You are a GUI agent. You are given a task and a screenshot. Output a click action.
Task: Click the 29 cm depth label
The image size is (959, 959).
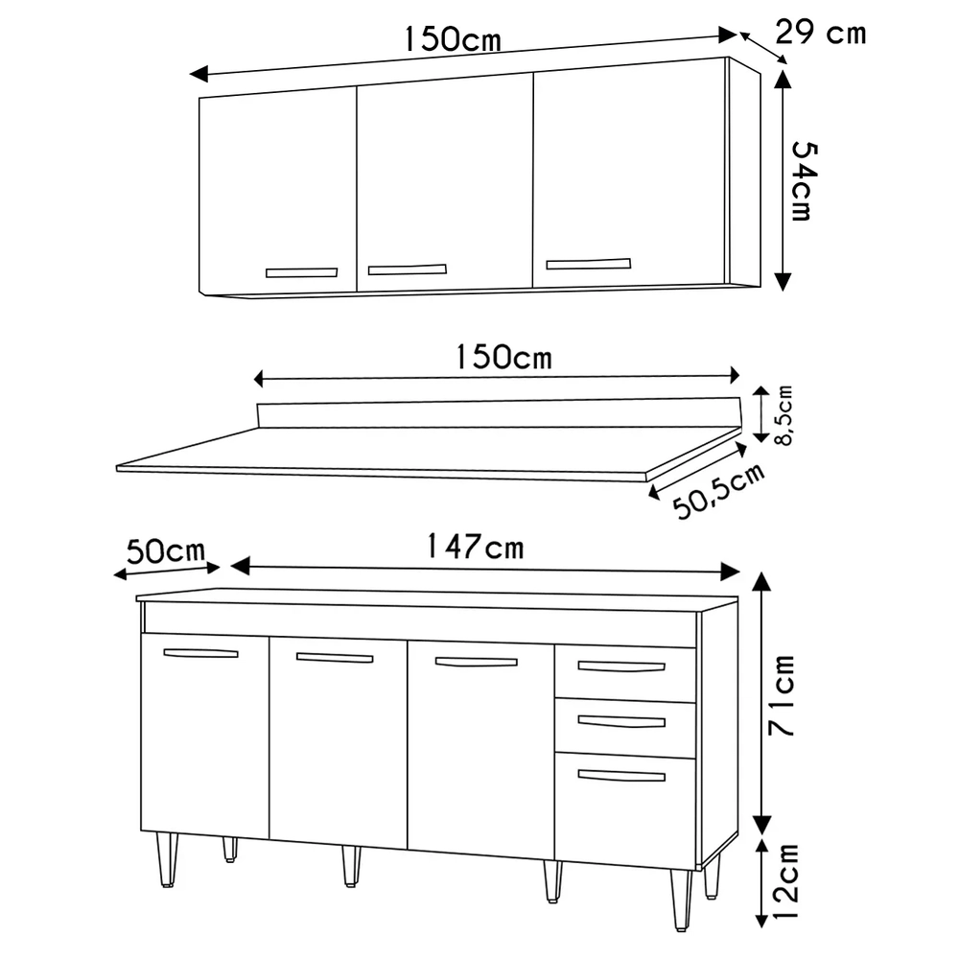(820, 33)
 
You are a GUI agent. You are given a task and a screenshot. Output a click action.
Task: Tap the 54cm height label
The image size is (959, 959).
(804, 181)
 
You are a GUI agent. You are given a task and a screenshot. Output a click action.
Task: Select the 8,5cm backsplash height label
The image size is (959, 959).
(784, 415)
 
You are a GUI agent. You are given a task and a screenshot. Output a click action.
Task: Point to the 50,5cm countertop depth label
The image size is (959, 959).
(718, 491)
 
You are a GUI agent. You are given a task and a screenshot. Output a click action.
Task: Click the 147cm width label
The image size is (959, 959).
(476, 547)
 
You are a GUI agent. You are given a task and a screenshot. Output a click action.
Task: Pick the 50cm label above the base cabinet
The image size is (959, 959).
(166, 551)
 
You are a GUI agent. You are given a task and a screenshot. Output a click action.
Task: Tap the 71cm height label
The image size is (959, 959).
(783, 695)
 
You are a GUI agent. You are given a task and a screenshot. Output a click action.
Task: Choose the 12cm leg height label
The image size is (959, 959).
(785, 880)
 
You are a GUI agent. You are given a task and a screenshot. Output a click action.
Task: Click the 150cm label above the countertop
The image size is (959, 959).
(504, 357)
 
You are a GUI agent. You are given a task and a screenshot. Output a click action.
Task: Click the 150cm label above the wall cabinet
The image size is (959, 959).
(453, 39)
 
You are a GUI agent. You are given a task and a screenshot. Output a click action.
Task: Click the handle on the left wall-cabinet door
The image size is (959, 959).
(301, 272)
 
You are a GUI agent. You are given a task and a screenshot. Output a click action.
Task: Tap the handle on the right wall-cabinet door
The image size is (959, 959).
(589, 264)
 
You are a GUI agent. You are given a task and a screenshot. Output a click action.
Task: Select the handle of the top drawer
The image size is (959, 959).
(621, 667)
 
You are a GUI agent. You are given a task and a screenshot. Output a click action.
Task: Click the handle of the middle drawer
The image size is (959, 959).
(621, 722)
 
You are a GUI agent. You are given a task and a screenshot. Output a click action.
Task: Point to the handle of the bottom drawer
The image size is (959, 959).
(621, 776)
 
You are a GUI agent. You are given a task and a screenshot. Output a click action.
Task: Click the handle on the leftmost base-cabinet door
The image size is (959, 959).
(200, 653)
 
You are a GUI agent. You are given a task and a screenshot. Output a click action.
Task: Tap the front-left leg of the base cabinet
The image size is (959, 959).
(167, 859)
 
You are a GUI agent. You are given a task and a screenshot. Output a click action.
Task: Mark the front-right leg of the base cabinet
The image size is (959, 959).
(681, 900)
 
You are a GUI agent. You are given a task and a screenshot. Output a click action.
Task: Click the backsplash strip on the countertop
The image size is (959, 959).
(499, 413)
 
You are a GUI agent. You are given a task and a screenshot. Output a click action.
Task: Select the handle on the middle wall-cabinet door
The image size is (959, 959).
(408, 269)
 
